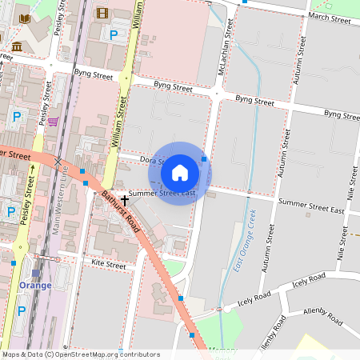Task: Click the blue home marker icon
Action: point(180,172)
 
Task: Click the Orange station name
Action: point(35,286)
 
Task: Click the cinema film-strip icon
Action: point(102,12)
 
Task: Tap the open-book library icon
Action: point(25,18)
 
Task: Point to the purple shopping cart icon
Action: point(53,122)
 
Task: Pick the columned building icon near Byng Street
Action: point(17,47)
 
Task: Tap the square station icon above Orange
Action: point(35,273)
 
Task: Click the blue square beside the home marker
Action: point(205,159)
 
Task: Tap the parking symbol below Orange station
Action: point(21,310)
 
